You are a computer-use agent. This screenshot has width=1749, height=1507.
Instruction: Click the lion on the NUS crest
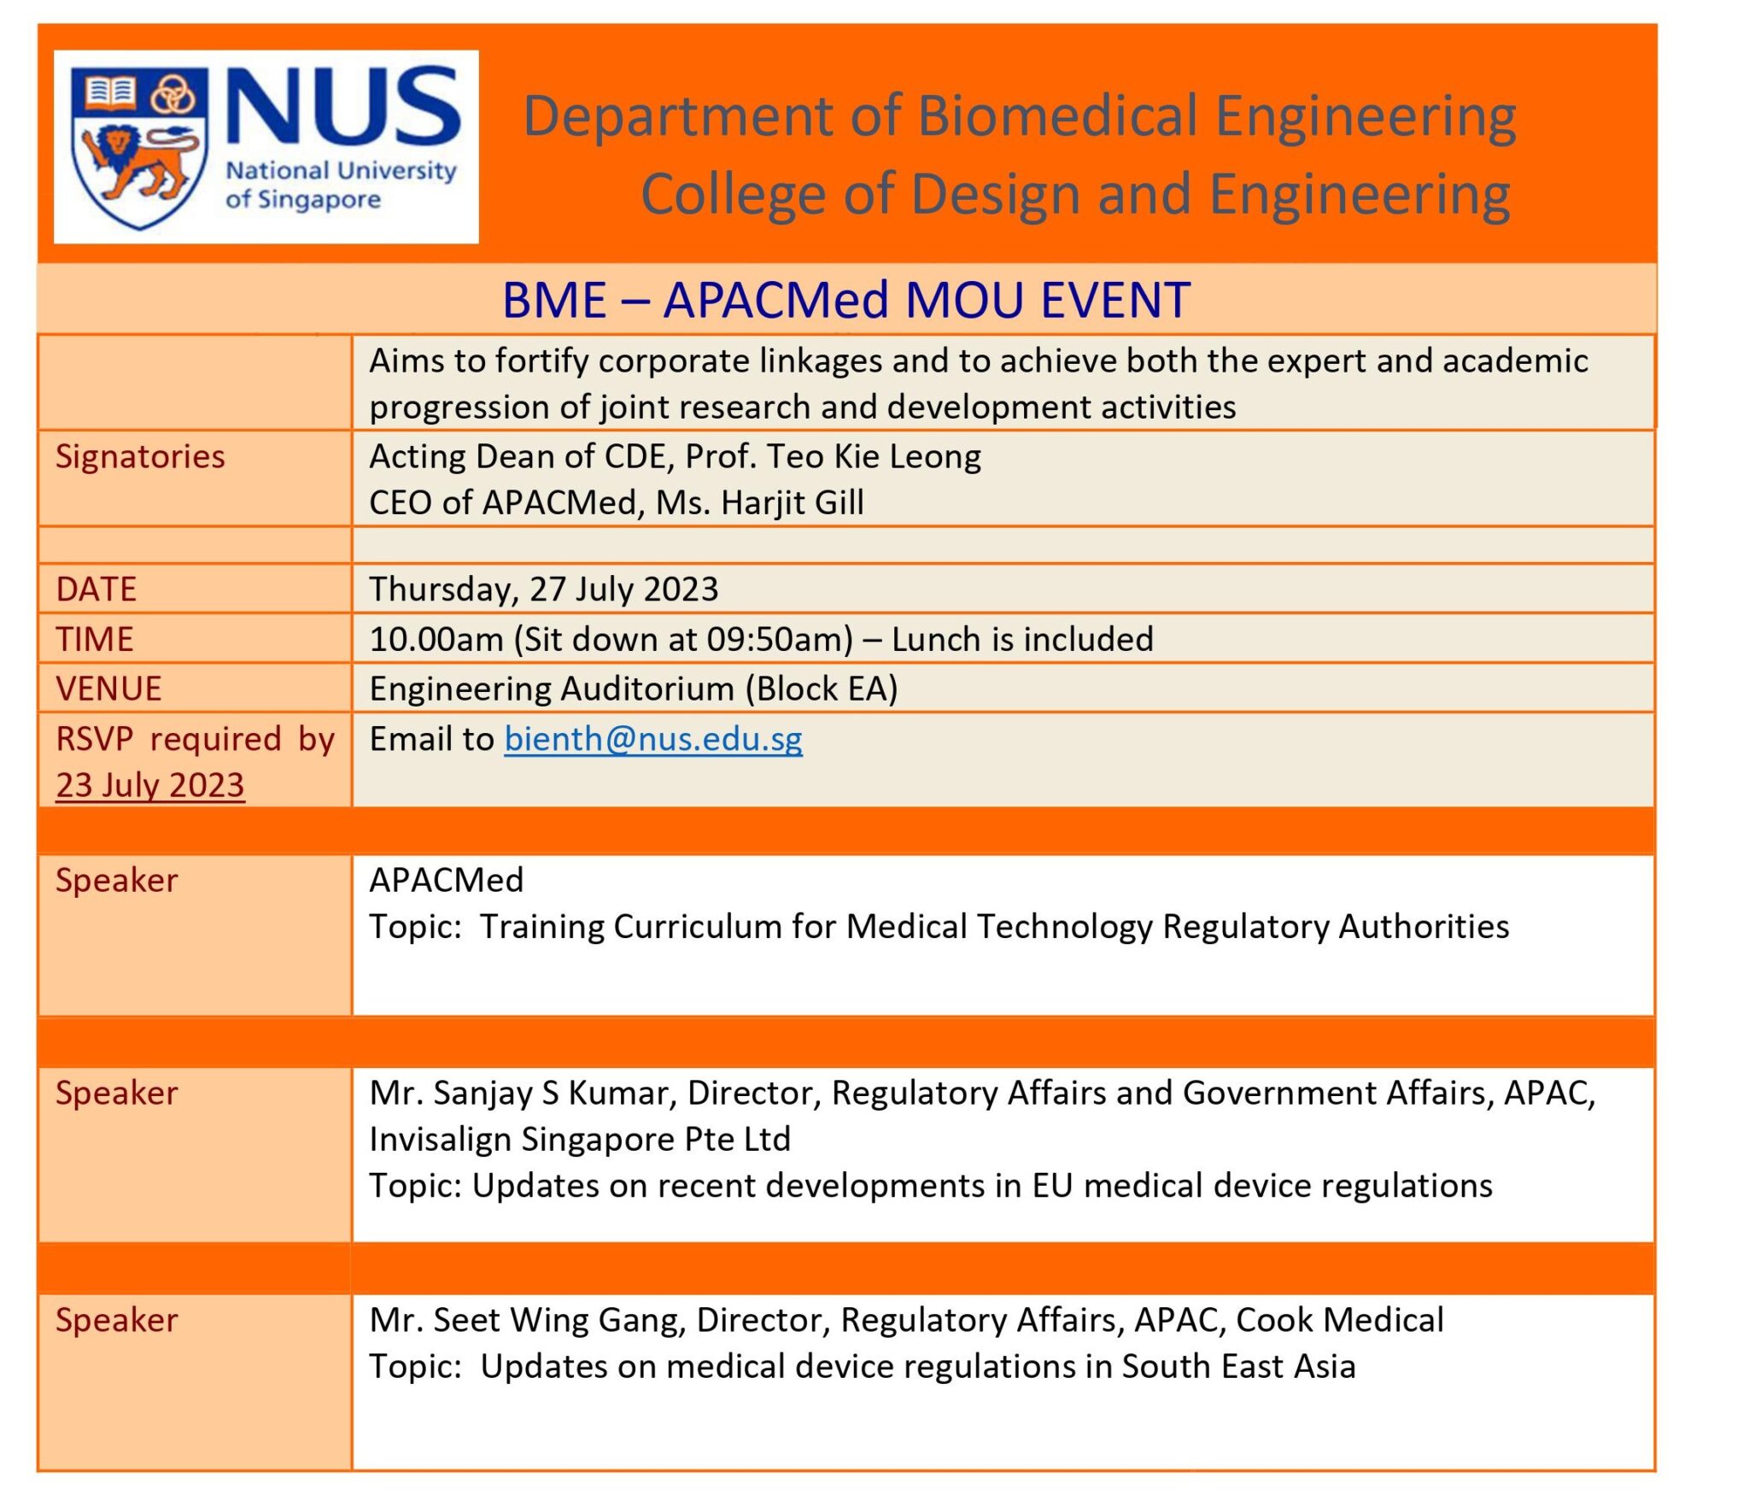click(137, 162)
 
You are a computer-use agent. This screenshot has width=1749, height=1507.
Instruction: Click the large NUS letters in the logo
click(342, 107)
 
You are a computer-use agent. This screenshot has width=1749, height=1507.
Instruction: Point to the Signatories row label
click(140, 456)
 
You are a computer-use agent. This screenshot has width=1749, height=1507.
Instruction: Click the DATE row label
click(96, 589)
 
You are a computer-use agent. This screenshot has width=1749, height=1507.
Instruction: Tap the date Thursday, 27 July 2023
click(543, 589)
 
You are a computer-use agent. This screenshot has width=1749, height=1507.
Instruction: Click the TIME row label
click(95, 639)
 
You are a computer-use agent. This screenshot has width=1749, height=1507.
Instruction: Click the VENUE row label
click(108, 689)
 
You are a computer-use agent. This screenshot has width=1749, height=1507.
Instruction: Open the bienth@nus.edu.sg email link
click(652, 739)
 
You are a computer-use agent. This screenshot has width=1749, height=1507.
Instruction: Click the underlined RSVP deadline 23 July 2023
click(150, 785)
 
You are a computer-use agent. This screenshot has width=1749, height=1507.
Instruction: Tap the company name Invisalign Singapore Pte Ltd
click(579, 1139)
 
